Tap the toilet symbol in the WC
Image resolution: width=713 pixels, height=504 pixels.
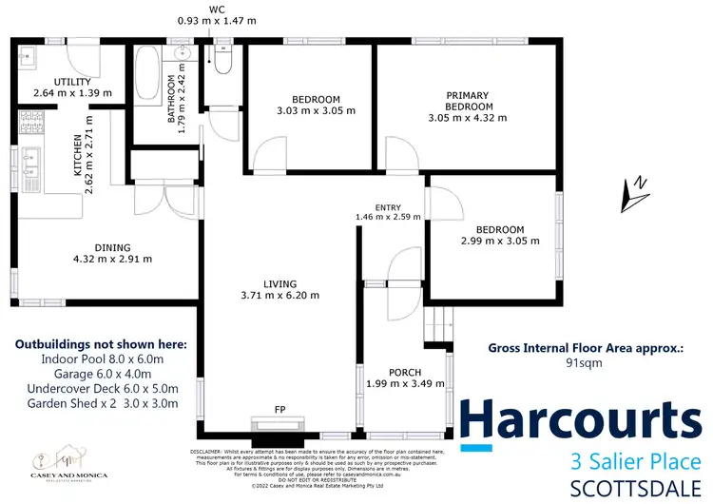(222, 61)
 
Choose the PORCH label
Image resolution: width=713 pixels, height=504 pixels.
(405, 372)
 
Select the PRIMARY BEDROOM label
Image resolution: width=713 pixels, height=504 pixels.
(467, 101)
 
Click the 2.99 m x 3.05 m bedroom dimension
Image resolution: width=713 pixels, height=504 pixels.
(500, 242)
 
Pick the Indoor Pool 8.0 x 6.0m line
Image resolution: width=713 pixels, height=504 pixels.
(109, 359)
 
